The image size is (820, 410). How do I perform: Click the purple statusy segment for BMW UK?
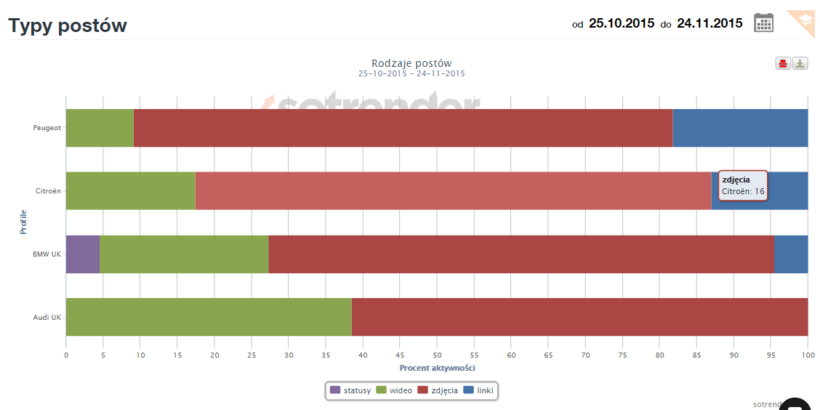click(x=83, y=254)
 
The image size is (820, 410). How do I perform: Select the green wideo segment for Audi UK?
click(x=209, y=317)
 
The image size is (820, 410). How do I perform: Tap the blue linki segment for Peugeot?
click(x=740, y=128)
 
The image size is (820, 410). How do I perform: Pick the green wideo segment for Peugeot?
click(x=100, y=128)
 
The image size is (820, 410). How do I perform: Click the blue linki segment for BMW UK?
click(x=791, y=254)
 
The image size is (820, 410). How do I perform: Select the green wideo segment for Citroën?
click(x=131, y=190)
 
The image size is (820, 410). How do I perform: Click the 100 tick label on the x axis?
click(x=808, y=355)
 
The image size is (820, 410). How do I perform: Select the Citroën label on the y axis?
click(x=48, y=191)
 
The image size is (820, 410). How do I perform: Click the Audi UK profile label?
click(x=47, y=317)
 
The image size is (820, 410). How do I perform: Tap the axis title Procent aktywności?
click(x=437, y=368)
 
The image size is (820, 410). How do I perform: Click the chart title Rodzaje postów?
click(x=411, y=63)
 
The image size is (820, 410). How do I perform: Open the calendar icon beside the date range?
click(x=763, y=23)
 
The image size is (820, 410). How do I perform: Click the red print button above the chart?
click(x=783, y=63)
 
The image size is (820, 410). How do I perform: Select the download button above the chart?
click(x=800, y=63)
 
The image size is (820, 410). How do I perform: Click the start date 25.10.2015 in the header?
click(x=622, y=23)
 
